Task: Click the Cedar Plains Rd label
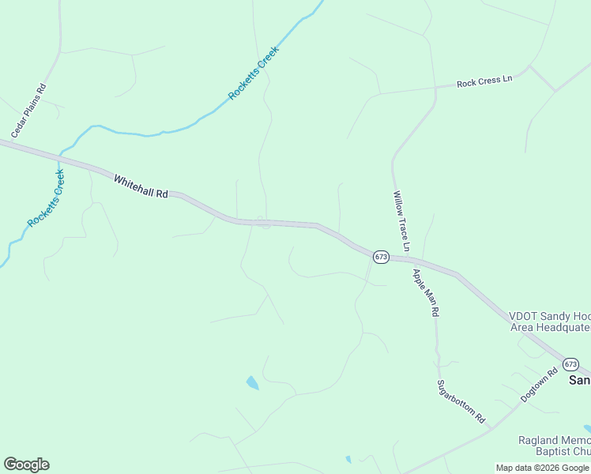29,111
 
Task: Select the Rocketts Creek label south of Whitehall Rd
46,198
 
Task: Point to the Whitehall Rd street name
141,186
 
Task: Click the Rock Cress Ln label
484,81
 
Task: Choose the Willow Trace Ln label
402,220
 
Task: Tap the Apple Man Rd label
424,292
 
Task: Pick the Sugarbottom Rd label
461,401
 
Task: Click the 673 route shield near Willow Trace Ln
382,257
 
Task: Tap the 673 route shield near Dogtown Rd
570,363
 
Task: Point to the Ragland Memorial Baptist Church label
554,446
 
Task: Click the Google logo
26,465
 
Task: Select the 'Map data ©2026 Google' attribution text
543,468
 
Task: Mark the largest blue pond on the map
252,383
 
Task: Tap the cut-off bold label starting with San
579,380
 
